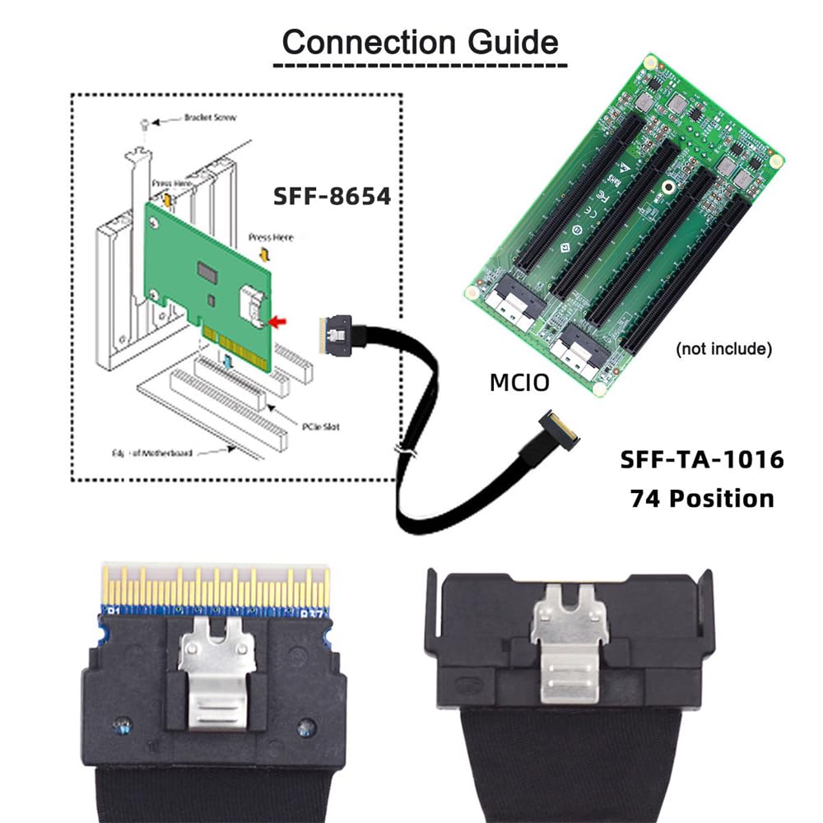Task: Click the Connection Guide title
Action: click(x=420, y=40)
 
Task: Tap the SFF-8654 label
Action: click(x=332, y=198)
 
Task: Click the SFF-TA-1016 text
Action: click(x=701, y=459)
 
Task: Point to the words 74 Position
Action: click(x=701, y=498)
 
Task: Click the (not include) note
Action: click(x=723, y=349)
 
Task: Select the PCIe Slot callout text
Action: click(x=321, y=425)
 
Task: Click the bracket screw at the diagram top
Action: click(x=146, y=123)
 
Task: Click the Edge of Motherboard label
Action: click(x=156, y=452)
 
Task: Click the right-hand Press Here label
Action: click(x=271, y=238)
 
